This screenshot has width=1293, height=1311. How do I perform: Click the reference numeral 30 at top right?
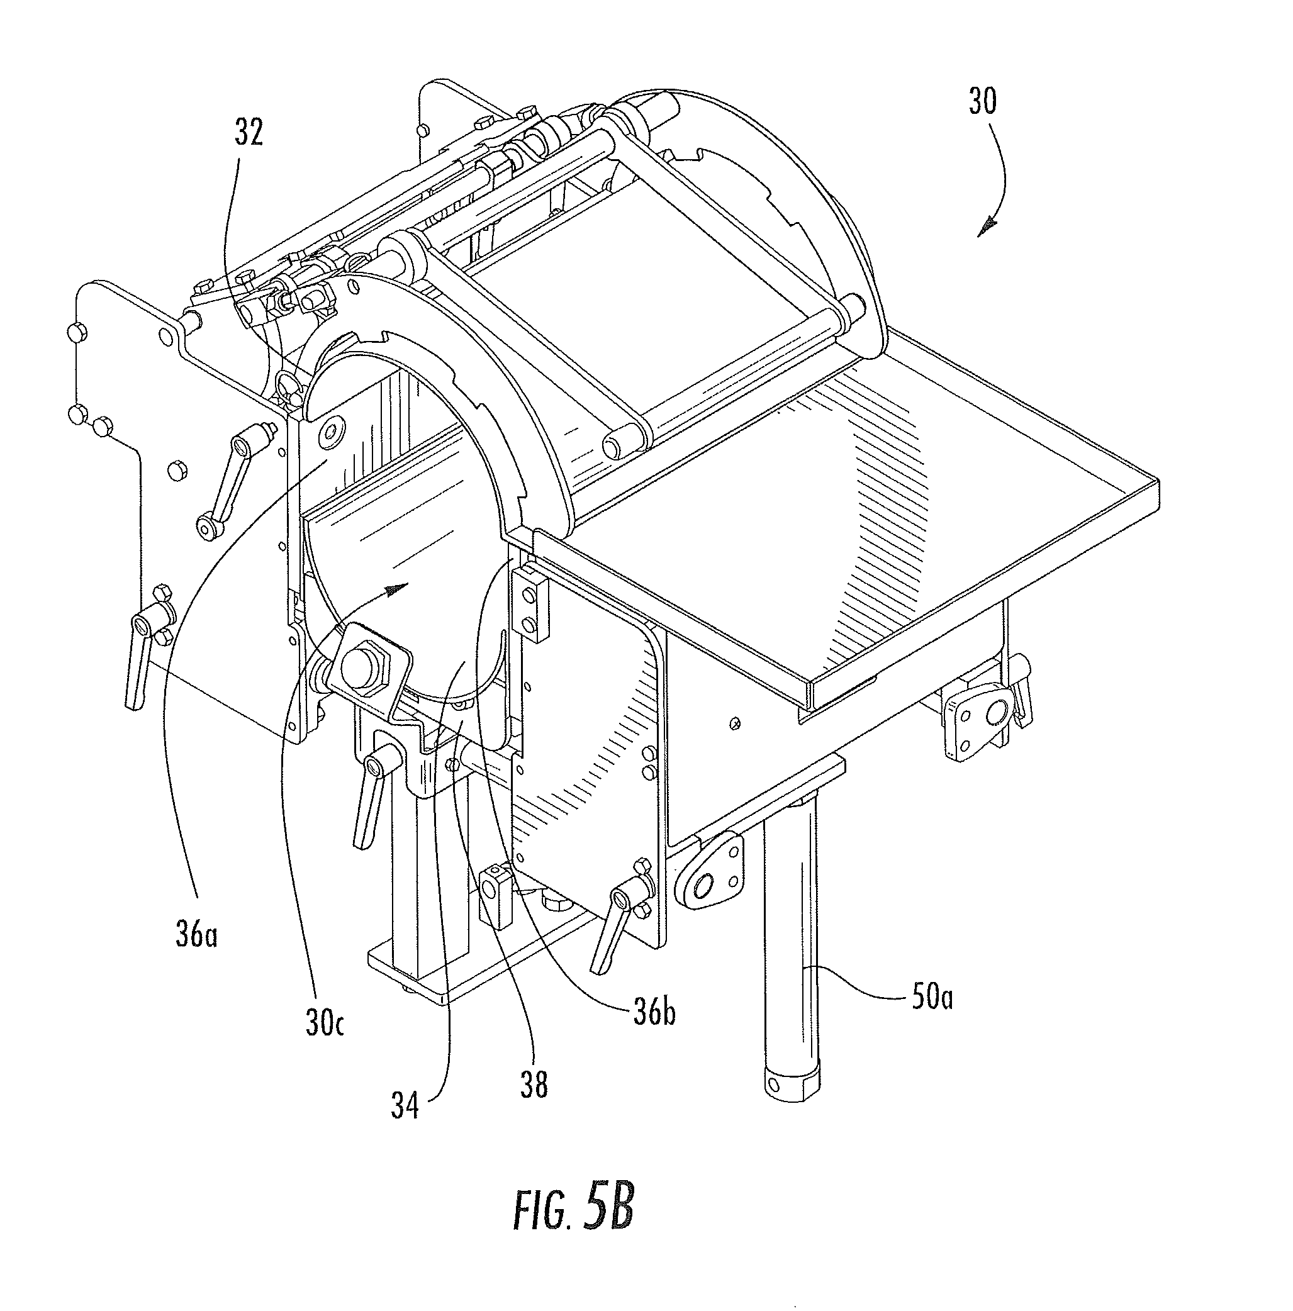click(982, 103)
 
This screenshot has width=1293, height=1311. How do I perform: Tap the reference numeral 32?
click(249, 132)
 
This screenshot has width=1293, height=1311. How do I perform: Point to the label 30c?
click(324, 1024)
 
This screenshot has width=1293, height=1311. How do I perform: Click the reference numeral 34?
click(405, 1107)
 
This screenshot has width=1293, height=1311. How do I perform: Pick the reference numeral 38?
click(534, 1085)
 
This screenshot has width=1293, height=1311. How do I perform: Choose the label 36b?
click(654, 1013)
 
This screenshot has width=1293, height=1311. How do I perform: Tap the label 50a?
click(931, 998)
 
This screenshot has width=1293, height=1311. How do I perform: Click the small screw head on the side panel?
click(734, 725)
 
